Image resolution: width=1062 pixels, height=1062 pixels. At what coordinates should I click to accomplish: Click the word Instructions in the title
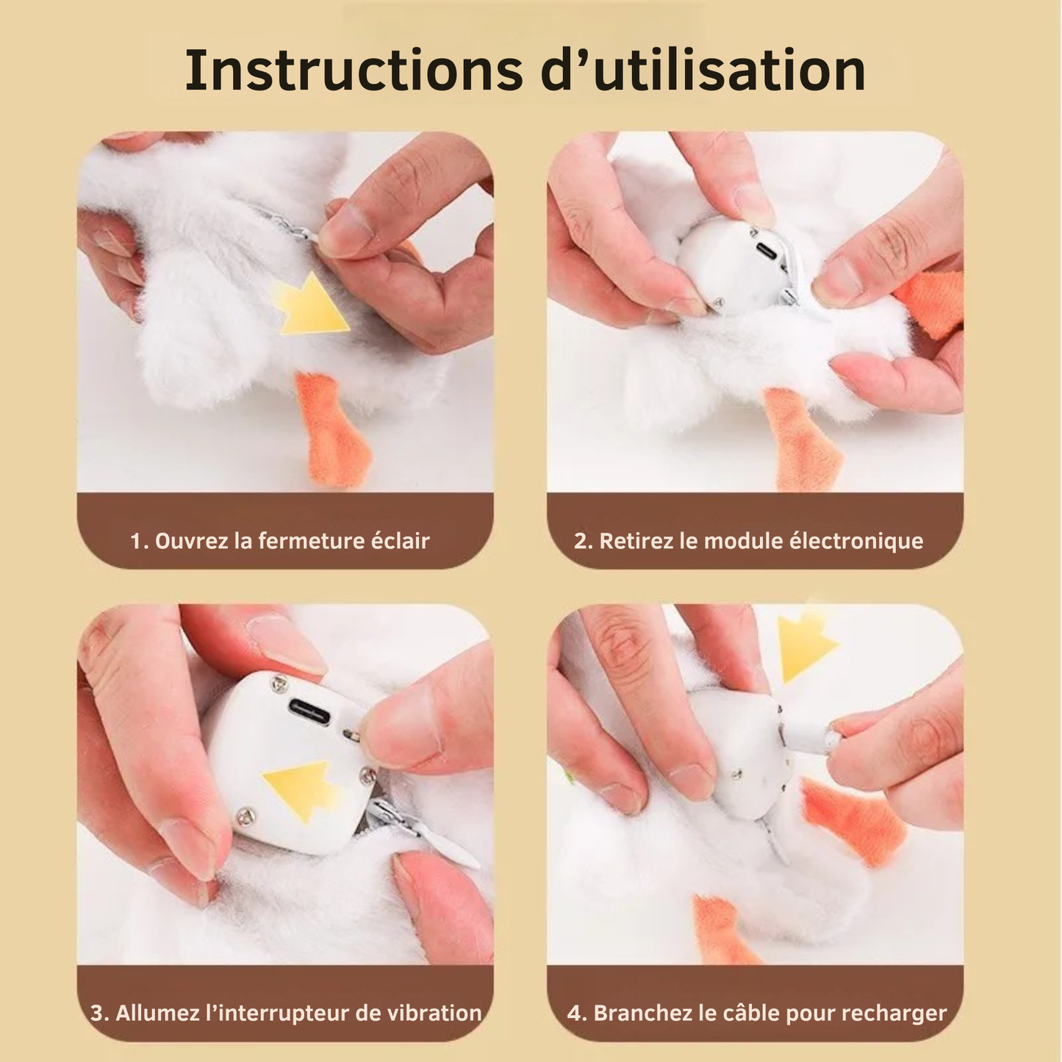(x=354, y=71)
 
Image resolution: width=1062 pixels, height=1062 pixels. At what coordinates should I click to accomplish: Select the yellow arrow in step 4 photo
(x=806, y=647)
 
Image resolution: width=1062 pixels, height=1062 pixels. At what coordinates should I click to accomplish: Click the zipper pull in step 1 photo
(x=294, y=228)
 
